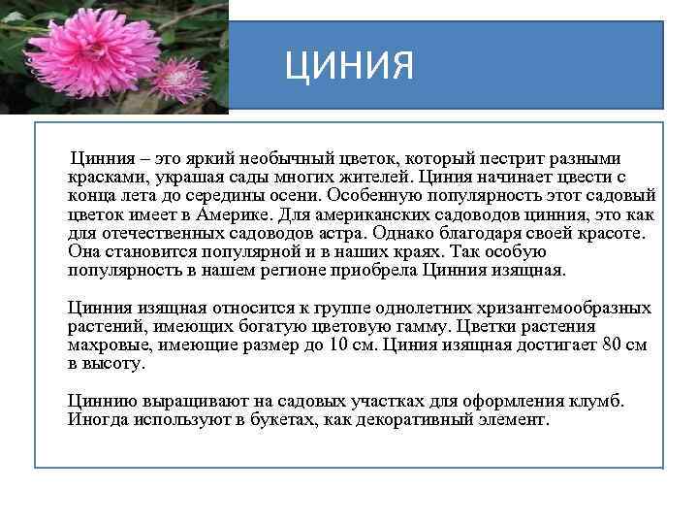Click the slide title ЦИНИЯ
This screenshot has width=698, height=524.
349,66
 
